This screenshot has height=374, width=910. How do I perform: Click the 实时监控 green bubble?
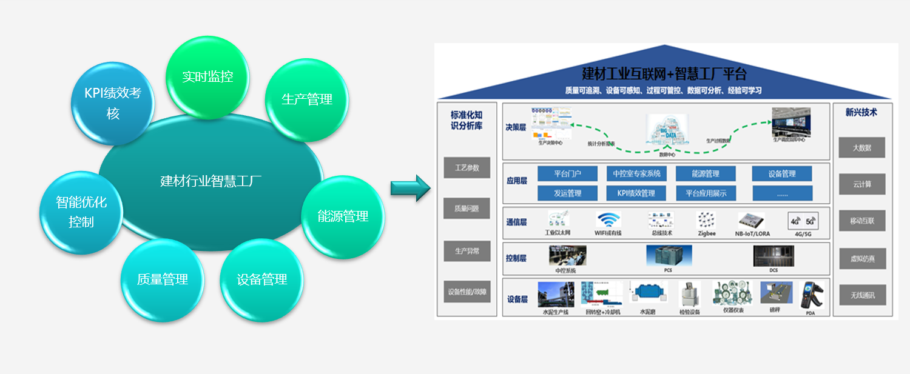pyautogui.click(x=207, y=77)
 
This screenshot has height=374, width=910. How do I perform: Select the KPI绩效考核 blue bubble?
pyautogui.click(x=113, y=103)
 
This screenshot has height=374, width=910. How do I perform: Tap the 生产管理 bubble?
pyautogui.click(x=307, y=99)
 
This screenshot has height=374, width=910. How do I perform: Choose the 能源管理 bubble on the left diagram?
pyautogui.click(x=343, y=216)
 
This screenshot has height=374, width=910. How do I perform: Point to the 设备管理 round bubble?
pyautogui.click(x=261, y=279)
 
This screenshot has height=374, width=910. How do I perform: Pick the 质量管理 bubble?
pyautogui.click(x=163, y=279)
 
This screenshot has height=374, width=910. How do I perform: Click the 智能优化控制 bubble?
pyautogui.click(x=81, y=212)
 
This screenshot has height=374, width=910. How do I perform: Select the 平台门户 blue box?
pyautogui.click(x=567, y=174)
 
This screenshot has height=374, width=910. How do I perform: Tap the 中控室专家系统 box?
pyautogui.click(x=636, y=174)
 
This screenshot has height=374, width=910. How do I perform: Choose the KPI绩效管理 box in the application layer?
pyautogui.click(x=636, y=193)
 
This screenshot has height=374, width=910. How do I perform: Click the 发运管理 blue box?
pyautogui.click(x=567, y=193)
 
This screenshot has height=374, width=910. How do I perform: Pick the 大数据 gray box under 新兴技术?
pyautogui.click(x=861, y=147)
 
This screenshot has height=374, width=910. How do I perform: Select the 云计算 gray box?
pyautogui.click(x=861, y=184)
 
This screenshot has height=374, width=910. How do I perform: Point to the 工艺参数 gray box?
pyautogui.click(x=467, y=168)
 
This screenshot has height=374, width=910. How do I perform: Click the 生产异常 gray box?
pyautogui.click(x=467, y=250)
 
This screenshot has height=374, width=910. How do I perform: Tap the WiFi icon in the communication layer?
pyautogui.click(x=608, y=220)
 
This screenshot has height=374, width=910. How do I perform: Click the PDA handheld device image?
pyautogui.click(x=810, y=295)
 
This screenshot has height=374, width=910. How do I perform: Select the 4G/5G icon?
pyautogui.click(x=803, y=220)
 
